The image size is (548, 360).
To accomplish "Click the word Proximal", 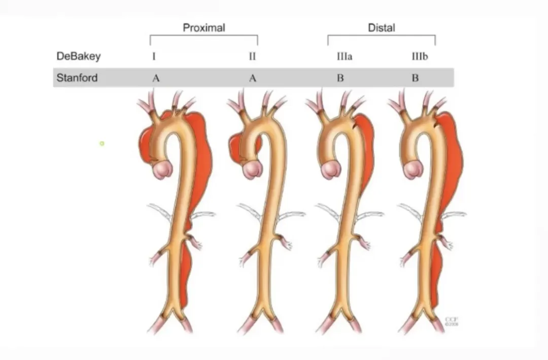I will (x=203, y=28).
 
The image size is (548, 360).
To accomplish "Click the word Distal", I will (x=381, y=28).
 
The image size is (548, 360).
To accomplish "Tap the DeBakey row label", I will (x=78, y=56).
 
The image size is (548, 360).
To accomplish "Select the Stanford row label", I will (x=77, y=78).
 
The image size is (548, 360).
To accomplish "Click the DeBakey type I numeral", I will (x=154, y=56).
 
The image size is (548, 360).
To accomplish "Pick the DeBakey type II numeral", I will (x=252, y=56).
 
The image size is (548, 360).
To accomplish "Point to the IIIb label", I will (x=419, y=56).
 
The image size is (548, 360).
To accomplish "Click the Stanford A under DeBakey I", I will (x=155, y=79).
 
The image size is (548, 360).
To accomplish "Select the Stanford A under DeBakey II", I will (x=253, y=79).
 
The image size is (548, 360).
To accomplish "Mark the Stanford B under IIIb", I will (x=415, y=79).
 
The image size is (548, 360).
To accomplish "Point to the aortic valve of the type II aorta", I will (x=250, y=170).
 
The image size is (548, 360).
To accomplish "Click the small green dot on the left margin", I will (x=102, y=143).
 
